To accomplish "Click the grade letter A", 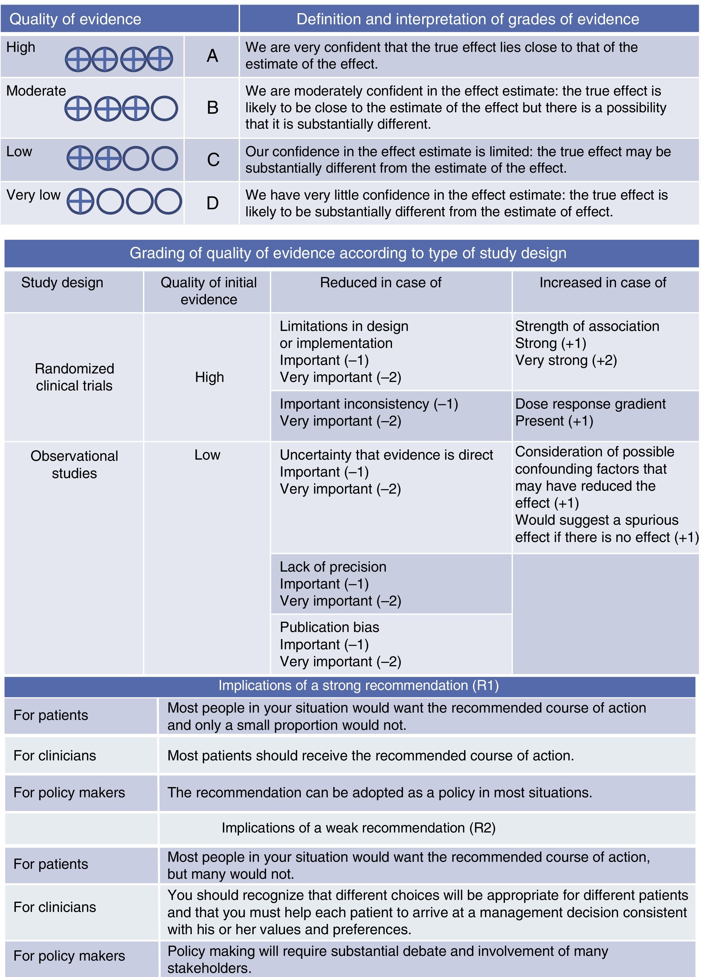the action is [212, 56].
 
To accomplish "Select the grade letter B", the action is [213, 108].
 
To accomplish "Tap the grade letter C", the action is [213, 160].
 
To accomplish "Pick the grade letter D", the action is [213, 203].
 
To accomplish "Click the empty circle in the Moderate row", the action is [164, 108].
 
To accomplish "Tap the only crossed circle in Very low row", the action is [80, 201].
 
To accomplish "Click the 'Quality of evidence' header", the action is [75, 19].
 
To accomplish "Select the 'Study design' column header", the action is [62, 283].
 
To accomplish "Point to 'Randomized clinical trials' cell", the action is [74, 377].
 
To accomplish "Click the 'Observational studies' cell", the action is [74, 464].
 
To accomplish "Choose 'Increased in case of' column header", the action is [603, 283].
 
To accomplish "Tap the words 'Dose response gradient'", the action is [590, 404].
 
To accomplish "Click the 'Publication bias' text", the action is [330, 627].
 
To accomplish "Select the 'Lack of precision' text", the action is [333, 567].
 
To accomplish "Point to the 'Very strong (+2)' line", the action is [566, 360].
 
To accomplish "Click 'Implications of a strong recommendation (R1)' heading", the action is [359, 685].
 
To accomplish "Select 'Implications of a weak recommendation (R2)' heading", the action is [359, 828].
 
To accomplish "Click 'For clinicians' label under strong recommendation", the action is [55, 756].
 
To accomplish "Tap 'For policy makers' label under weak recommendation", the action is [69, 956].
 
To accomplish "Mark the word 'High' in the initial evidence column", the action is [209, 377].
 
